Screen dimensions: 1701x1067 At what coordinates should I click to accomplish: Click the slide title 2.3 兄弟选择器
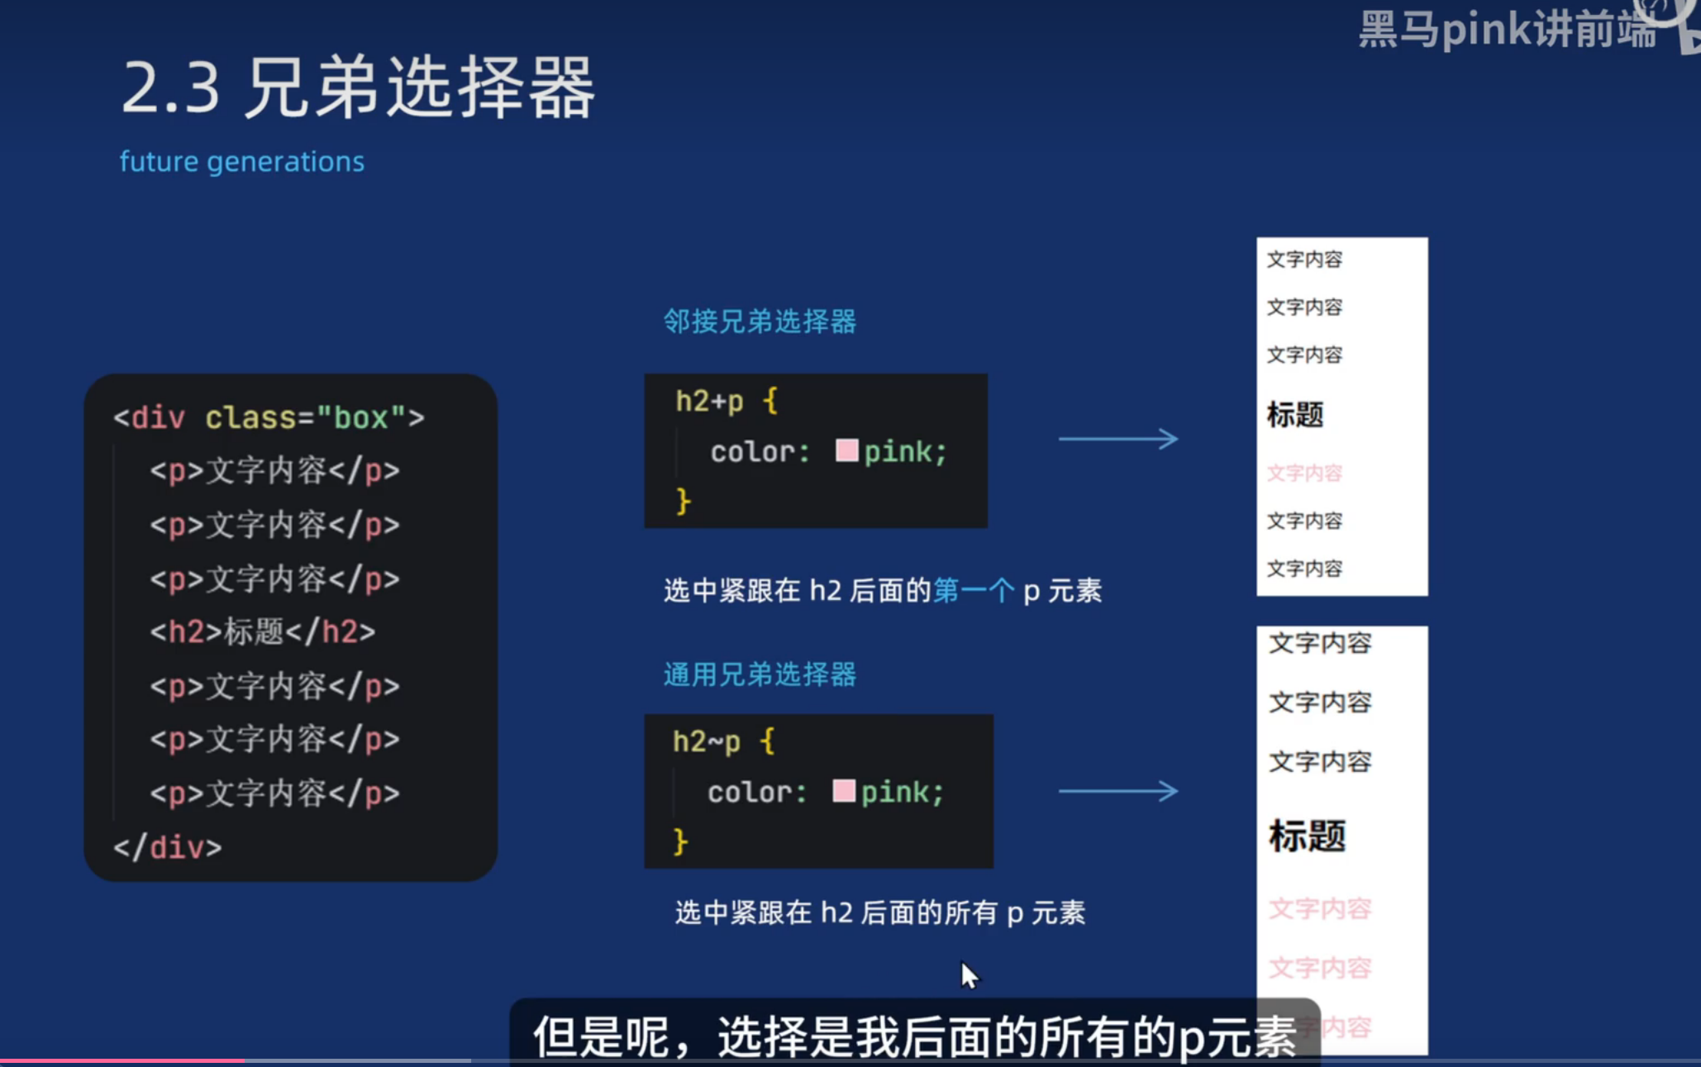tap(358, 88)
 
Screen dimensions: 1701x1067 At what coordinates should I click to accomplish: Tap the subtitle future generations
tap(241, 161)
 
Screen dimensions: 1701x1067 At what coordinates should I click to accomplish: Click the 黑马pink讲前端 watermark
tap(1507, 31)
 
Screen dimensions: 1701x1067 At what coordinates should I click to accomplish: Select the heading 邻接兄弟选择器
tap(760, 322)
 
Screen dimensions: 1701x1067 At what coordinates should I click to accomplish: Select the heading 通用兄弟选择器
tap(760, 674)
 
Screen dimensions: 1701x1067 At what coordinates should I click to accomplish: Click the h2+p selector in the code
tap(709, 402)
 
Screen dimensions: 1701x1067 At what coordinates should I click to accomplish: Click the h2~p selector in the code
tap(706, 741)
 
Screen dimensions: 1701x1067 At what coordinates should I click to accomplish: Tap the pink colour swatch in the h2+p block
tap(846, 450)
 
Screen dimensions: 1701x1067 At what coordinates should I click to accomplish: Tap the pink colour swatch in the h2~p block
tap(843, 791)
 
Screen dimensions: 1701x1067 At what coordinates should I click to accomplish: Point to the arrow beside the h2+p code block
tap(1118, 439)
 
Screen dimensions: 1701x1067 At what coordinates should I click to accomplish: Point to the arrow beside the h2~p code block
tap(1118, 791)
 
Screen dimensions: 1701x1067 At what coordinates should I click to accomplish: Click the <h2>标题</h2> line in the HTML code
tap(263, 632)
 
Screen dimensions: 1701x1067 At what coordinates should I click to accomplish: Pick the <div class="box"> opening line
tap(269, 417)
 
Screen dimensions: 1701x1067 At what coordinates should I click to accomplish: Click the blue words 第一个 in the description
tap(973, 591)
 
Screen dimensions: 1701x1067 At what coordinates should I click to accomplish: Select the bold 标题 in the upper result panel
tap(1295, 415)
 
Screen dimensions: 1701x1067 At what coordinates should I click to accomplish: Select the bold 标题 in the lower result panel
tap(1308, 836)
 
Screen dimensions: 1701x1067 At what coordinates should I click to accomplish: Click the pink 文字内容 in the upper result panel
tap(1304, 474)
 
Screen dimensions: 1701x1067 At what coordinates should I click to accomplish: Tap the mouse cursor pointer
tap(969, 975)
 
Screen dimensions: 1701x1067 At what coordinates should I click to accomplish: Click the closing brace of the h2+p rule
tap(683, 502)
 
